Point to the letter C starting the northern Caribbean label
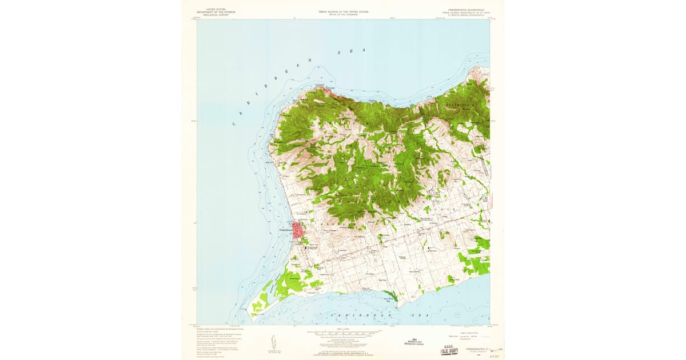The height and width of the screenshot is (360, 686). coord(236,124)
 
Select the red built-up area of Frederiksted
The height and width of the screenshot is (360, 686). coord(298,231)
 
